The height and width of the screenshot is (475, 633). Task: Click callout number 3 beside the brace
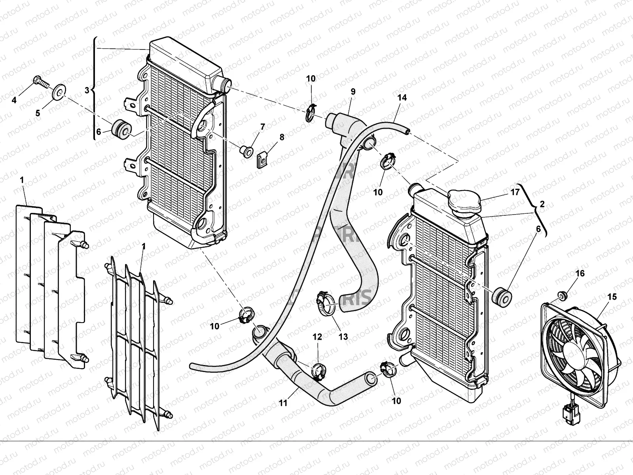(x=87, y=90)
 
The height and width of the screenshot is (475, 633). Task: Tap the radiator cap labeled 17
(x=464, y=201)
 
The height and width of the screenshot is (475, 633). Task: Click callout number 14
(x=402, y=97)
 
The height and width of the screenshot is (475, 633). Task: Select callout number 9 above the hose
(x=353, y=92)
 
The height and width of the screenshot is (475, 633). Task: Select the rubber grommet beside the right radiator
(x=501, y=296)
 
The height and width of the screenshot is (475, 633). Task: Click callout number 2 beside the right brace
(x=542, y=204)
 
